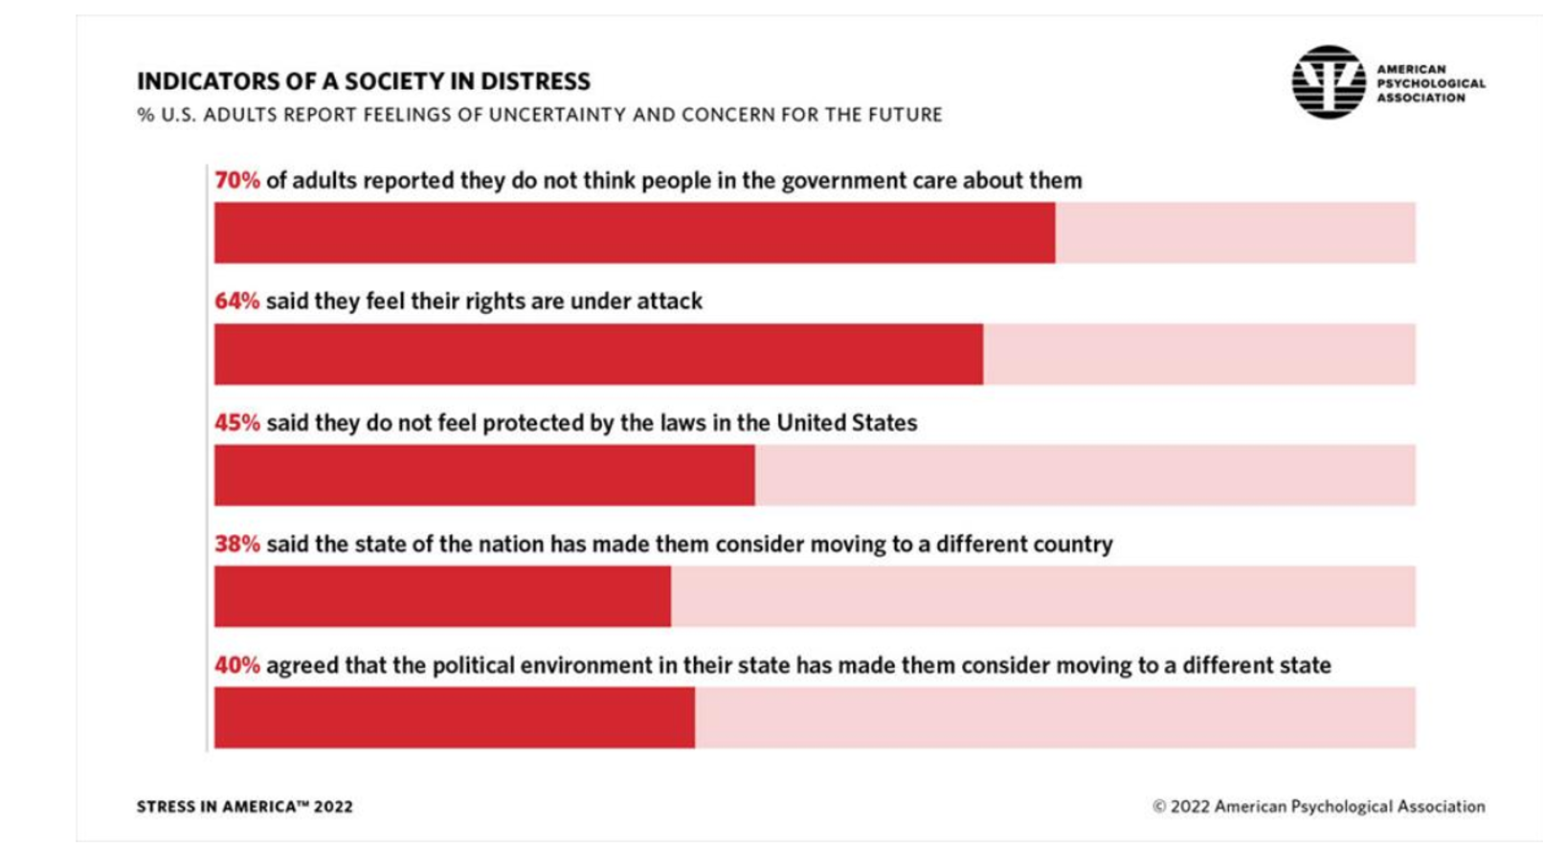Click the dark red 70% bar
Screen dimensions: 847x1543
(634, 233)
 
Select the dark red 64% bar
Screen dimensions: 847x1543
(598, 354)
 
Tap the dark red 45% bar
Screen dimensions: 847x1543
(483, 475)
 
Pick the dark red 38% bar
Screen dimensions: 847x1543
(442, 596)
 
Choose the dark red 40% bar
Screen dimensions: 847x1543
(454, 717)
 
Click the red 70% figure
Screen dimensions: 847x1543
(236, 181)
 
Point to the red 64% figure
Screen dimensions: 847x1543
(236, 301)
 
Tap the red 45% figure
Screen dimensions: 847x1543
(236, 423)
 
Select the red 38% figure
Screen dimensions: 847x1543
(236, 545)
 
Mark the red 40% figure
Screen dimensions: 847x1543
(236, 665)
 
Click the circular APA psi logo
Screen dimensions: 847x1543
(1329, 82)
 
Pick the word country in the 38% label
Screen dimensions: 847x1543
(1071, 545)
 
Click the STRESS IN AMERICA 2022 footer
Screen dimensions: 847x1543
(244, 807)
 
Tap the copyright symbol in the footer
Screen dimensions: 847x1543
(1159, 807)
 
